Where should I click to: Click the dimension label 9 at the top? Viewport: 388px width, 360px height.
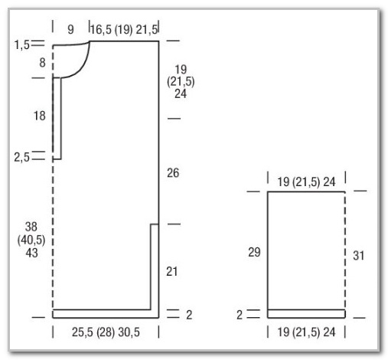70,30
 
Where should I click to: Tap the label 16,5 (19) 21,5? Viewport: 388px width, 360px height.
124,30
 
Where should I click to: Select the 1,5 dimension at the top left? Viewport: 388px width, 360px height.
22,45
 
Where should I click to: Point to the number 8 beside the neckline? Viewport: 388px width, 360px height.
42,63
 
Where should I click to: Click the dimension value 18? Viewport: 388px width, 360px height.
40,116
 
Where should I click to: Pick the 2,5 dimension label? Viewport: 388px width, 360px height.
22,158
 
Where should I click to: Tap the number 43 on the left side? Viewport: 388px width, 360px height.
31,253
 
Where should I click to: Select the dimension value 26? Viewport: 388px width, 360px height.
173,173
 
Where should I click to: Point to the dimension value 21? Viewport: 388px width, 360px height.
171,271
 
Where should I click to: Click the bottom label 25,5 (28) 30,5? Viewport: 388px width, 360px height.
106,332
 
